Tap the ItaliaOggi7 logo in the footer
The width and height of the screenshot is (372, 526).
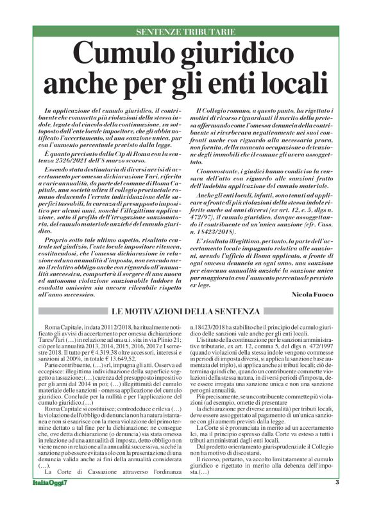coord(53,518)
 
